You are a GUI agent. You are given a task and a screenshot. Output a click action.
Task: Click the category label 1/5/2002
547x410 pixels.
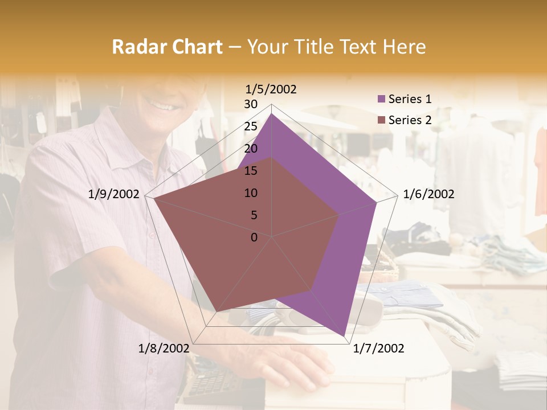click(271, 89)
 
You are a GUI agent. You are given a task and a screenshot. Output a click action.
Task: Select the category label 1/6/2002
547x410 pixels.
click(428, 194)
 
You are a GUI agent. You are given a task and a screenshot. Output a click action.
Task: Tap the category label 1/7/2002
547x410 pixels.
click(378, 348)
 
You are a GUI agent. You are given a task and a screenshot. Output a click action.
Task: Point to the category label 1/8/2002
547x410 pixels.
click(164, 348)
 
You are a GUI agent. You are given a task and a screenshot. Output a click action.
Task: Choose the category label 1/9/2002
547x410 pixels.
click(113, 194)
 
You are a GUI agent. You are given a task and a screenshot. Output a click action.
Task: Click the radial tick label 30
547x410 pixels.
click(251, 104)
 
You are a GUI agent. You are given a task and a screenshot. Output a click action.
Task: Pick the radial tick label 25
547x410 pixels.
click(251, 126)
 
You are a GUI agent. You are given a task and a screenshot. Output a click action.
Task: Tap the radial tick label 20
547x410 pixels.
click(251, 149)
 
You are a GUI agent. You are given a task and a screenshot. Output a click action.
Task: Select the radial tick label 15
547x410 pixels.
click(251, 171)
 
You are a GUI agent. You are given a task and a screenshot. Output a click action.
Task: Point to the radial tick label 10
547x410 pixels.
click(251, 193)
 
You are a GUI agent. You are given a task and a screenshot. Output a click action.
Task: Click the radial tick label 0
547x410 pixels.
click(254, 237)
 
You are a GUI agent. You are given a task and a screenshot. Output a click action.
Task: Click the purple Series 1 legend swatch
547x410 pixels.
click(382, 99)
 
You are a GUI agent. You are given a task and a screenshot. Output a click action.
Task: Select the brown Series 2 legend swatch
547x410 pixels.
click(382, 120)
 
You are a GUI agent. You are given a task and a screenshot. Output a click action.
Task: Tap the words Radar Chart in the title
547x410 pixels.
click(167, 47)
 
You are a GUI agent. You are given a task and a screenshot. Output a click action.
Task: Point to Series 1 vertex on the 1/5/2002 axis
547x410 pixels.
click(271, 114)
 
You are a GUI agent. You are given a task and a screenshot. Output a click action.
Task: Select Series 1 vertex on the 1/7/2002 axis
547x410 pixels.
click(344, 336)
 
